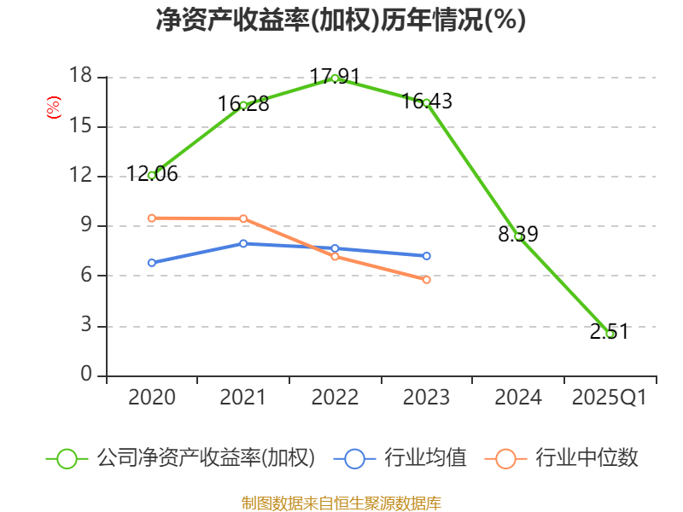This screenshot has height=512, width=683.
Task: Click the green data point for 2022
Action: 335,78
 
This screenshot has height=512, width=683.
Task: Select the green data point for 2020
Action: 152,175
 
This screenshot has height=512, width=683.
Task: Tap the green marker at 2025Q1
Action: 610,334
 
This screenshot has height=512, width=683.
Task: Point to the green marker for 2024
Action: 518,236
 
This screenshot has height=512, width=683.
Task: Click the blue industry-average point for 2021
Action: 243,243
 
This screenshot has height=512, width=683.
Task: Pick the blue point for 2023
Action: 426,256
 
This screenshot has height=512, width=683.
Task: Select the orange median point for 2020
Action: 152,218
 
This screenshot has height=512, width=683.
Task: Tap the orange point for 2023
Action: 426,279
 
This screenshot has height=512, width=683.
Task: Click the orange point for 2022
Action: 335,256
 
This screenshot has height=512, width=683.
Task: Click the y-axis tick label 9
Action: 85,226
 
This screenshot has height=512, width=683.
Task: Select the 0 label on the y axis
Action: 85,375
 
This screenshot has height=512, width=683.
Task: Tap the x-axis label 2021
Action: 243,398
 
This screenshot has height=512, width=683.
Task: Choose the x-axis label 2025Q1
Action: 610,398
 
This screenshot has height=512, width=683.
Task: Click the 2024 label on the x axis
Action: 518,398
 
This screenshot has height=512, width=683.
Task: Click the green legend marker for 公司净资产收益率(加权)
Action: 67,458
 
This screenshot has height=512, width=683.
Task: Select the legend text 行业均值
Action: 425,458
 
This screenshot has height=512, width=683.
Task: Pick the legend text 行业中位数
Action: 587,458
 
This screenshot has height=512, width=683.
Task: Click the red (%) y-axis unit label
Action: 54,108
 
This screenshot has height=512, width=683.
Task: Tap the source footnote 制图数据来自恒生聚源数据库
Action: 341,503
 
